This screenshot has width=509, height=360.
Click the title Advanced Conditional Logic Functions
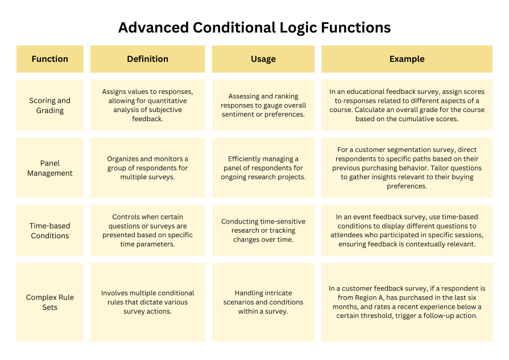254,27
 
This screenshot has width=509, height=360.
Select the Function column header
50,59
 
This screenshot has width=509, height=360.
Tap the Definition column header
147,59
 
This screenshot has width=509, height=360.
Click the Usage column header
263,59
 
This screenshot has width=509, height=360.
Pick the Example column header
407,59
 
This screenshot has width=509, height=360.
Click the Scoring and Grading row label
50,105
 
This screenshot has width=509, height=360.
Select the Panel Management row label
50,168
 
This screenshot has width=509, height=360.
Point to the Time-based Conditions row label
50,230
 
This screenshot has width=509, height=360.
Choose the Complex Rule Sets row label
50,302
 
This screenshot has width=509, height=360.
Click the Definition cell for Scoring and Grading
147,105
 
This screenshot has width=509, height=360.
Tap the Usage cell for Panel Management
263,168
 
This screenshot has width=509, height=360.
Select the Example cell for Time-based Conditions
407,230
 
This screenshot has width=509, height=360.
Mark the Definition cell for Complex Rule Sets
147,302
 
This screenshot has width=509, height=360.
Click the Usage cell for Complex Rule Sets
263,302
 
